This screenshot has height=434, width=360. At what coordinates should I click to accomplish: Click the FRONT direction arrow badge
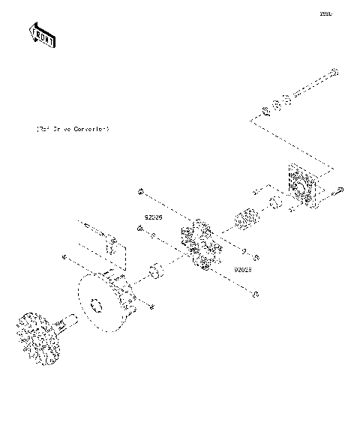42,34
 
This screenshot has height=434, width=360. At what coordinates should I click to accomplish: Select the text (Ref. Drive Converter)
73,129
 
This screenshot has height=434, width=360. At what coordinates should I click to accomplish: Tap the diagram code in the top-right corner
325,13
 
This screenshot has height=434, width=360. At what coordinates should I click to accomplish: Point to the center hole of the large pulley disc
94,305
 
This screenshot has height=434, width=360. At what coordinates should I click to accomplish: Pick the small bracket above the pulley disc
111,244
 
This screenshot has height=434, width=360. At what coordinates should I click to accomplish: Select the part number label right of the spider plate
241,268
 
